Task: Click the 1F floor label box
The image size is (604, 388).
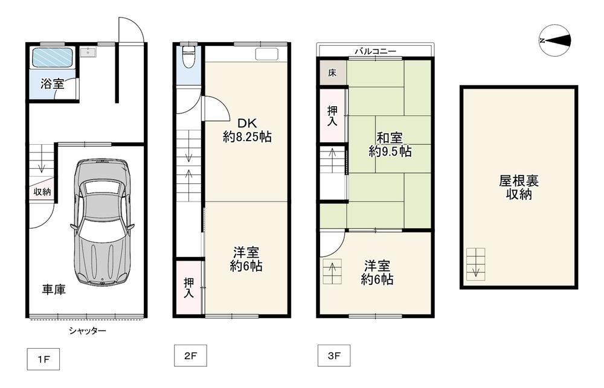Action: click(x=43, y=359)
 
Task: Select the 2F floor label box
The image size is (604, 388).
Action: click(x=190, y=355)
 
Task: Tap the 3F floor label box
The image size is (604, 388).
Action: click(x=334, y=355)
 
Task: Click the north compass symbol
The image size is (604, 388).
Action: click(x=554, y=40)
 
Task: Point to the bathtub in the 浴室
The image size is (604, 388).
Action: click(x=52, y=57)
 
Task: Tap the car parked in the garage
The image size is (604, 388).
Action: click(x=103, y=222)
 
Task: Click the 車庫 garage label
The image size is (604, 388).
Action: click(x=54, y=290)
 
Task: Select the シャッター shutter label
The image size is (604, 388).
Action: click(x=88, y=331)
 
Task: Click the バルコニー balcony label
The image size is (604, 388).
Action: click(x=376, y=51)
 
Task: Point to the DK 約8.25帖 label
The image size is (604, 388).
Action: click(x=247, y=130)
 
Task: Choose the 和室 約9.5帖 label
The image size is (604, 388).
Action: click(x=390, y=144)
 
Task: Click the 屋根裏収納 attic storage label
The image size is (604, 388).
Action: click(x=519, y=188)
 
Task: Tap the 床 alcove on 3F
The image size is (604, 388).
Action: click(x=332, y=72)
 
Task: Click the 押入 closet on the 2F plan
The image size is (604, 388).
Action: click(x=188, y=288)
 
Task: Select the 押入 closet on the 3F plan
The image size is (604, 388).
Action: click(x=332, y=115)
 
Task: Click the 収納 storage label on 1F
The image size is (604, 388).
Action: click(x=42, y=191)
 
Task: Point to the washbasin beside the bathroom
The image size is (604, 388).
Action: click(x=88, y=52)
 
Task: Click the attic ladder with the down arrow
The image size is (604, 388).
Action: click(x=476, y=264)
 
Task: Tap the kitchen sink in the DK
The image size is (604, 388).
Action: click(x=266, y=54)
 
